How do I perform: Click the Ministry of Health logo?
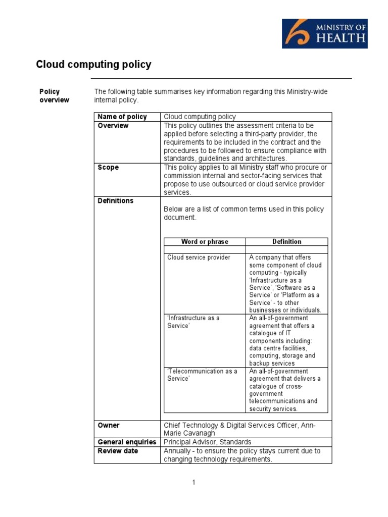324,33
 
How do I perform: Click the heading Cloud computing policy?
93,65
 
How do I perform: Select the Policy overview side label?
54,95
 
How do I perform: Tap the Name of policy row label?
122,117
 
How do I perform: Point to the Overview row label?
113,126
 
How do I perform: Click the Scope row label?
108,167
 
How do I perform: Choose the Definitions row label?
115,200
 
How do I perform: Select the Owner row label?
109,425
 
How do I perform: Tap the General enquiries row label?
127,442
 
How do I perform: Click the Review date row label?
118,451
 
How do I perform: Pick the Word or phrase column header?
205,242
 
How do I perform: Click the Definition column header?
286,242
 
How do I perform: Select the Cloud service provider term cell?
199,257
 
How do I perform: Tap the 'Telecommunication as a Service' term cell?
202,375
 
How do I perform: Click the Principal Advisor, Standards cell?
207,442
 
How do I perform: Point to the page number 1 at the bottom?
193,483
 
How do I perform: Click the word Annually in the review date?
178,451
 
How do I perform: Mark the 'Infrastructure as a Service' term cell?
193,322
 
